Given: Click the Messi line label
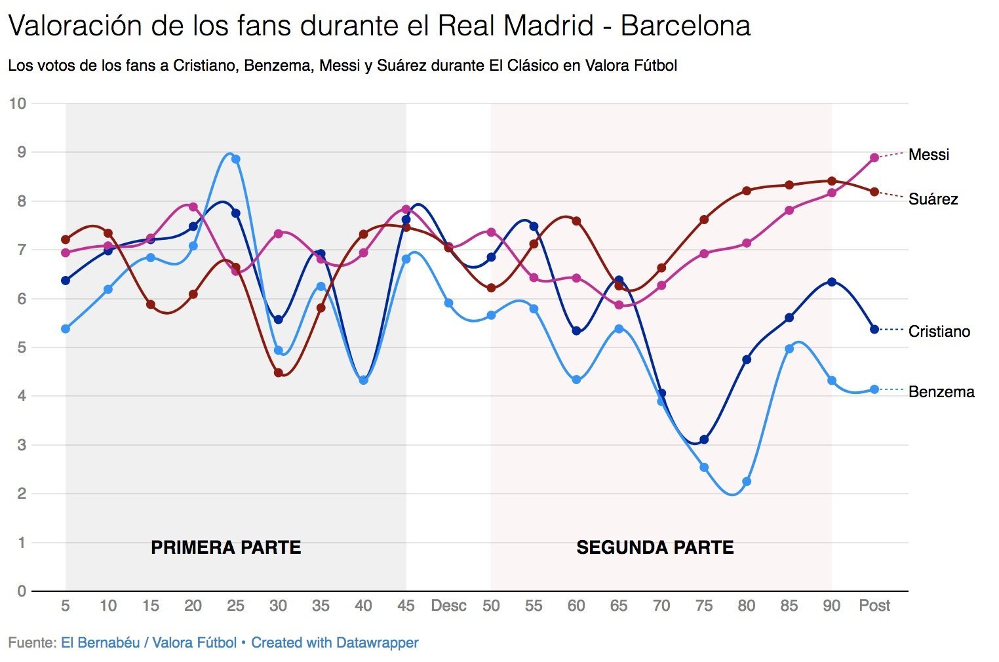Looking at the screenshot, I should pos(928,155).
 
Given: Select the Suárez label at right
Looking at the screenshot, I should pos(933,199).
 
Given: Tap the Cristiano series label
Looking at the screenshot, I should pos(939,332).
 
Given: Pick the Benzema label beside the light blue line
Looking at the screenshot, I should pos(941,392).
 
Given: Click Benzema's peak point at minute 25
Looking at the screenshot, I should pos(236,159).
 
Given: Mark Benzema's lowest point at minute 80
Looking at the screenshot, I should pos(747,482).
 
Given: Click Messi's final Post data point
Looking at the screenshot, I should pos(874,157).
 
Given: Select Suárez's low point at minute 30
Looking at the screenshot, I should pos(279,373).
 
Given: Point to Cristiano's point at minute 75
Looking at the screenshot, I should pos(704,440).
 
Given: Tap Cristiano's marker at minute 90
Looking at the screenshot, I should pos(832,282).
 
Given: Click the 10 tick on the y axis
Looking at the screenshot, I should pos(18,104).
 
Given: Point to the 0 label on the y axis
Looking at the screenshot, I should pos(22,591).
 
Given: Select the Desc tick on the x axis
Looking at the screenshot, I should pos(448,606).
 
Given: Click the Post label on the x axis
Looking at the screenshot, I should pos(874,606).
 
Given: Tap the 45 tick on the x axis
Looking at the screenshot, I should pos(406,606).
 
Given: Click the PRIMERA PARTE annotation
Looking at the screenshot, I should pos(225,548).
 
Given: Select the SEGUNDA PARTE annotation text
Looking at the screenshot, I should pos(655,548).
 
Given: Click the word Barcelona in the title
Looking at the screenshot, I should pos(685,27).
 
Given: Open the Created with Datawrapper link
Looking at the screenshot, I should pos(334,643).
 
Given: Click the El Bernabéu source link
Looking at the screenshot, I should pos(100,643).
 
